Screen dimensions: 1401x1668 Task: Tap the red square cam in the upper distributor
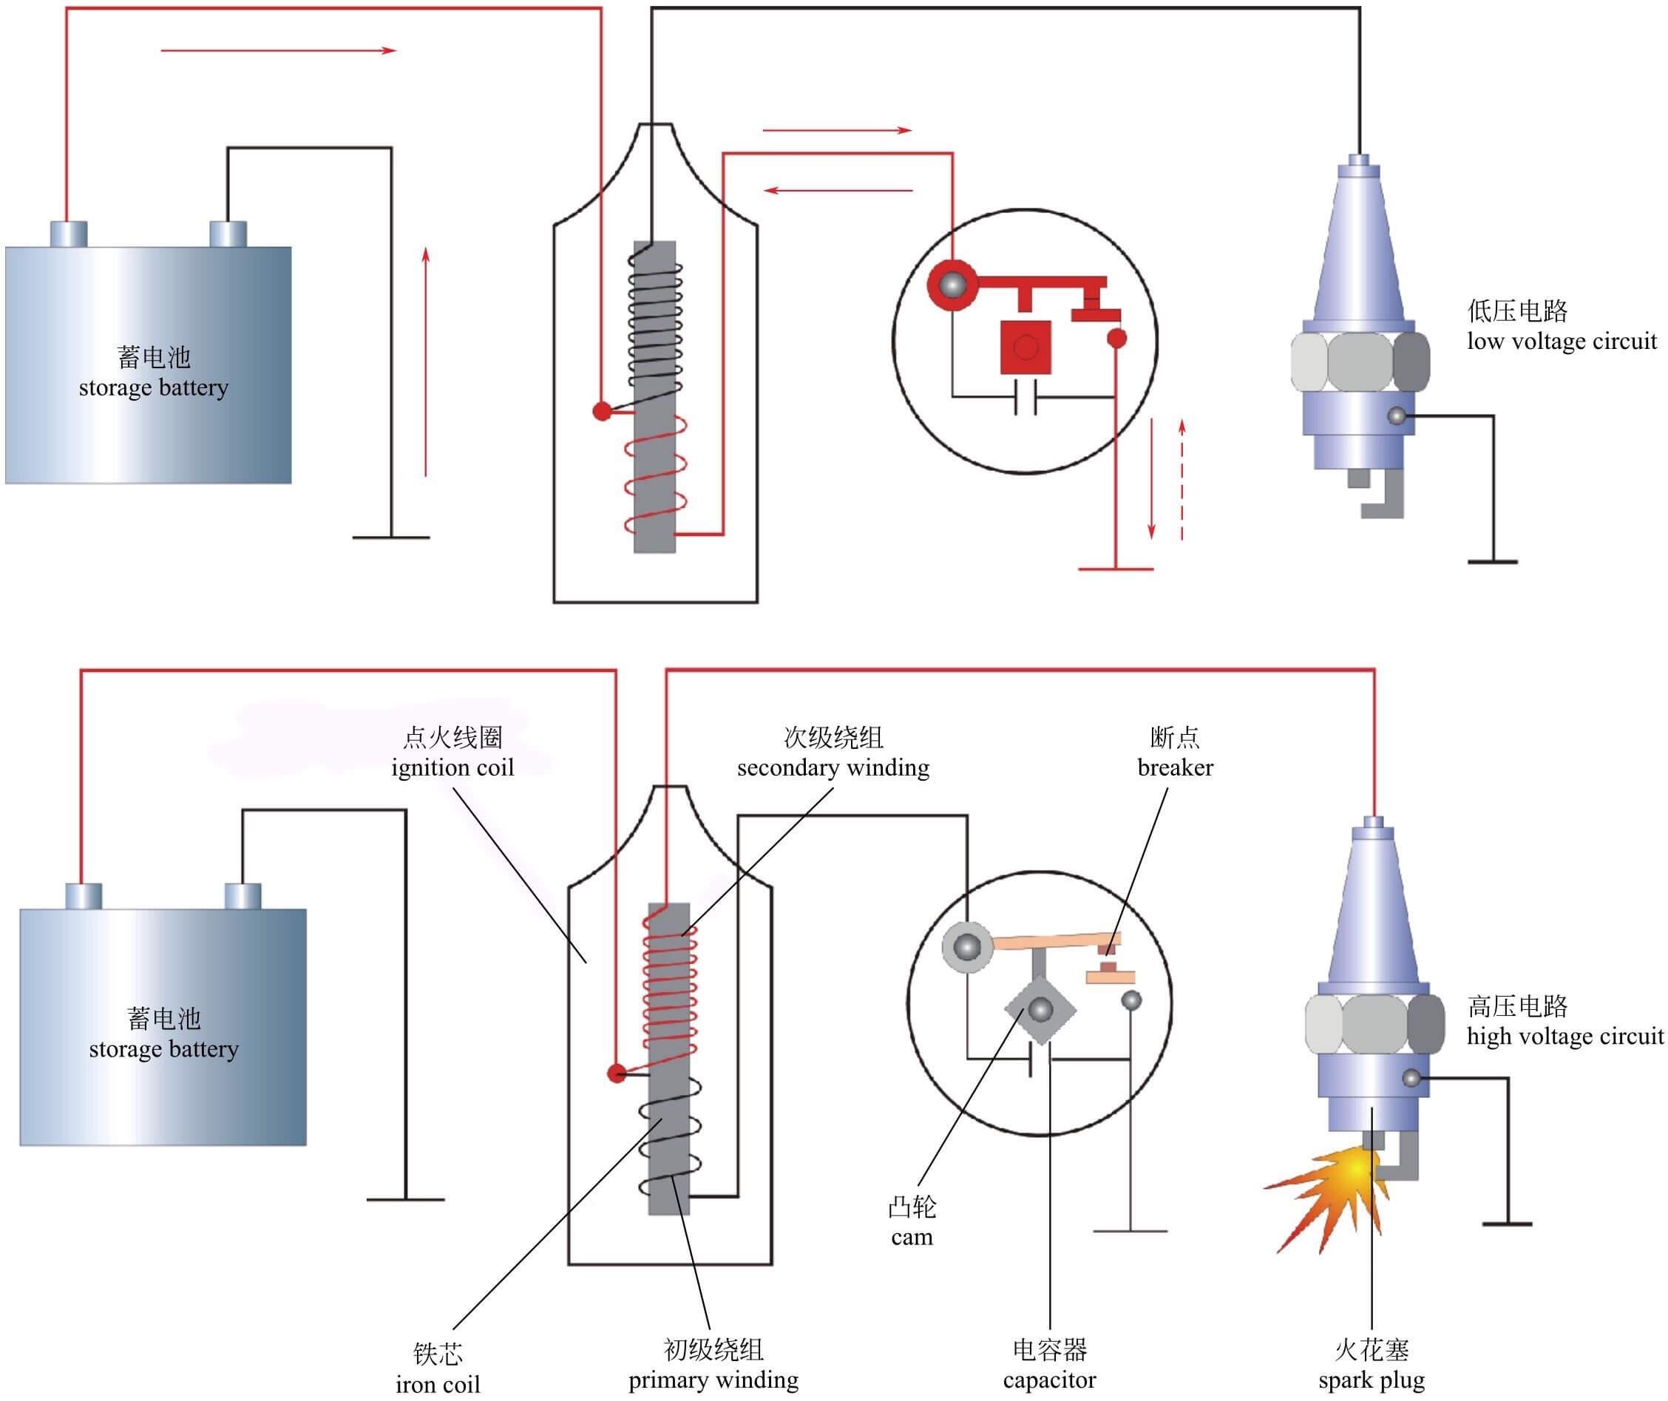coord(1025,347)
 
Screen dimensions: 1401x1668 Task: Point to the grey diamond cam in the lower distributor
coord(1040,1010)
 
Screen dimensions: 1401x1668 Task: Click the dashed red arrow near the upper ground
coord(1182,481)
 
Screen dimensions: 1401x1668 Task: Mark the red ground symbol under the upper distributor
coord(1115,569)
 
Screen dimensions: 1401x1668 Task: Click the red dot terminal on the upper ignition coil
coord(603,411)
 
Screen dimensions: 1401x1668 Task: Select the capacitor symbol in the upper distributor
coord(1025,396)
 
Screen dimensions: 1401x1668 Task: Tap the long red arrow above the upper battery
coord(278,51)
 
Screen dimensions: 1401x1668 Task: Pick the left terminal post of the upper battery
coord(68,234)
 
